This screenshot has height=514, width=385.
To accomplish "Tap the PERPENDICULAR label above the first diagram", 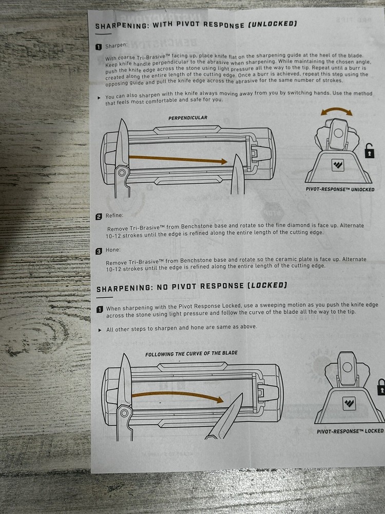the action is pos(187,118).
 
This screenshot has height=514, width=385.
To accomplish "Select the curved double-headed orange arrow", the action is pos(337,111).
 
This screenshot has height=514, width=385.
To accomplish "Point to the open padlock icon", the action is pos(369,151).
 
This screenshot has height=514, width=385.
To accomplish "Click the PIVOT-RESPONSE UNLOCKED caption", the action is pos(340,189).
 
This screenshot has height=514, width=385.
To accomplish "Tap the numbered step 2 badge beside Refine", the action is pos(99,216).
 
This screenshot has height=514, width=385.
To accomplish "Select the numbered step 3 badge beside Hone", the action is pos(99,251).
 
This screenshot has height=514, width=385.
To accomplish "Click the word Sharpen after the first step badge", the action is pos(116,46).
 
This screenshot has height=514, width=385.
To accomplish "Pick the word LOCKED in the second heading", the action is pos(267,285).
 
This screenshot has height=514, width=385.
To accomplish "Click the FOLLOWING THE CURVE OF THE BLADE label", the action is pos(191,354).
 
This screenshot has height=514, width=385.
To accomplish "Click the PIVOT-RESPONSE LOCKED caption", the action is pos(350,431).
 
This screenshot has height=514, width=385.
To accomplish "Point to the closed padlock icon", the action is pos(381,387).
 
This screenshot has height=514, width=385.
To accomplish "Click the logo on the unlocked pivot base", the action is pos(338,165).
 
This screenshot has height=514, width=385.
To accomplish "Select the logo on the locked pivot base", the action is pos(349,403).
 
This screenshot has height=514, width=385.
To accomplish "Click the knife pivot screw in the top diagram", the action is pos(122,172).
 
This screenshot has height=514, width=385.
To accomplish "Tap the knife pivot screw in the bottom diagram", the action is pos(124,413).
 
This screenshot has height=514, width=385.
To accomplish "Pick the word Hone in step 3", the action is pos(113,250).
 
